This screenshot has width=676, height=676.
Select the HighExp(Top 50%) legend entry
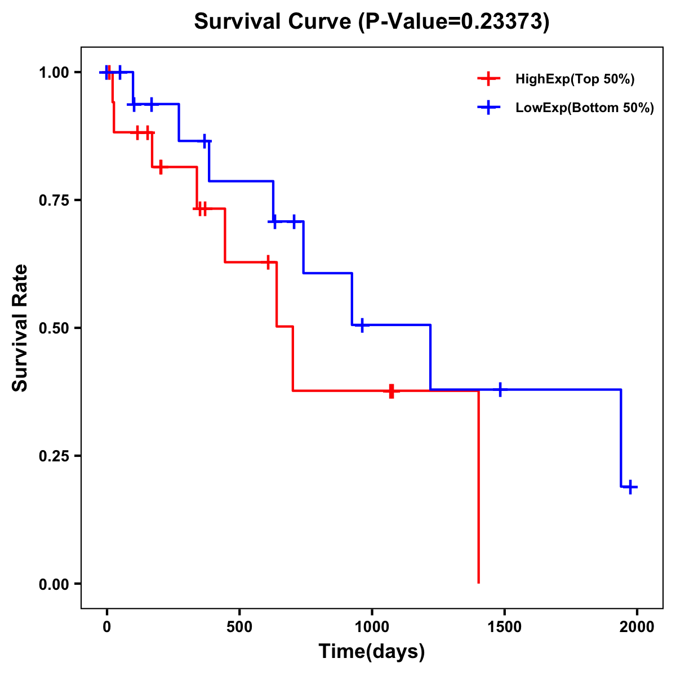[x=575, y=79]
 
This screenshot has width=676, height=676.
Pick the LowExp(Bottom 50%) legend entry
[x=584, y=108]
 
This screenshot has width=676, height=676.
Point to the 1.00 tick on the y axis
[x=53, y=72]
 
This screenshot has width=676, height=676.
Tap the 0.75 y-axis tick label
[x=53, y=200]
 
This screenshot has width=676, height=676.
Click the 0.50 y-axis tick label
[x=53, y=328]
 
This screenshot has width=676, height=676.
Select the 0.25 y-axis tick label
[x=53, y=456]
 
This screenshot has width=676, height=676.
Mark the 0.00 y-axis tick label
[x=53, y=584]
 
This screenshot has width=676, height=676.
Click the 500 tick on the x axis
[x=239, y=627]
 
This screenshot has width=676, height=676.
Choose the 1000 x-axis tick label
[x=372, y=627]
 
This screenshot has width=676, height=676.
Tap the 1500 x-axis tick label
[x=504, y=627]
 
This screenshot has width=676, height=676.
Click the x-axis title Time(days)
[x=372, y=652]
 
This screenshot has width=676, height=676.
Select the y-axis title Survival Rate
[x=20, y=328]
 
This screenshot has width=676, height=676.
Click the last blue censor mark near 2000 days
[x=631, y=487]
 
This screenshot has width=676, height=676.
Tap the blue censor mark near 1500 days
[x=500, y=389]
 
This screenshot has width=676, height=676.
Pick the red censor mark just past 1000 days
[x=391, y=391]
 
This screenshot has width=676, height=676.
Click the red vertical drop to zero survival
[x=478, y=490]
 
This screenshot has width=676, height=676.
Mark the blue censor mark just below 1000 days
[x=362, y=325]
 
